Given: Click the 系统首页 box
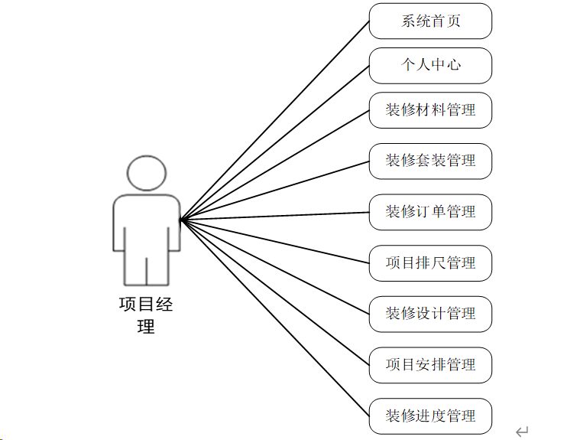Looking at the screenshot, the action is pos(430,21).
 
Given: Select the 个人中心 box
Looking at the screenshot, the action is pos(430,65).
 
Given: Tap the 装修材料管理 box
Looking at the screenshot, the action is pos(430,110).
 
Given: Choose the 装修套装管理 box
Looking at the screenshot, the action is pos(430,161).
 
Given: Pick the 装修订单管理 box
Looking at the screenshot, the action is pos(430,212).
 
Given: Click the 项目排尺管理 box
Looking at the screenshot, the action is pos(430,263).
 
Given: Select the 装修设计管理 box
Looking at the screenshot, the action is pos(430,314).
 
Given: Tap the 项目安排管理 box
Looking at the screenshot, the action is pos(430,365).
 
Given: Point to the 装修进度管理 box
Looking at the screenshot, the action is pos(430,416).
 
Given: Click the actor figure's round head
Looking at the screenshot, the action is pos(146,173).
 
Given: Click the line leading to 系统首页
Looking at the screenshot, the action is pos(275,120).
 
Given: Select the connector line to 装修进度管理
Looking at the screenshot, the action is pos(275,318).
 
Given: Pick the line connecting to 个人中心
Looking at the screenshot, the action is pos(275,143).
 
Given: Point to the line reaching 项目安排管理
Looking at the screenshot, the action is pos(275,293).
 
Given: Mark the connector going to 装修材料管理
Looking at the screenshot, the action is pos(275,165).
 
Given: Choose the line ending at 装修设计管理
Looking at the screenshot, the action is pos(275,267).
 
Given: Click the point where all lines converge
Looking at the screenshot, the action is pos(180,220).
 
